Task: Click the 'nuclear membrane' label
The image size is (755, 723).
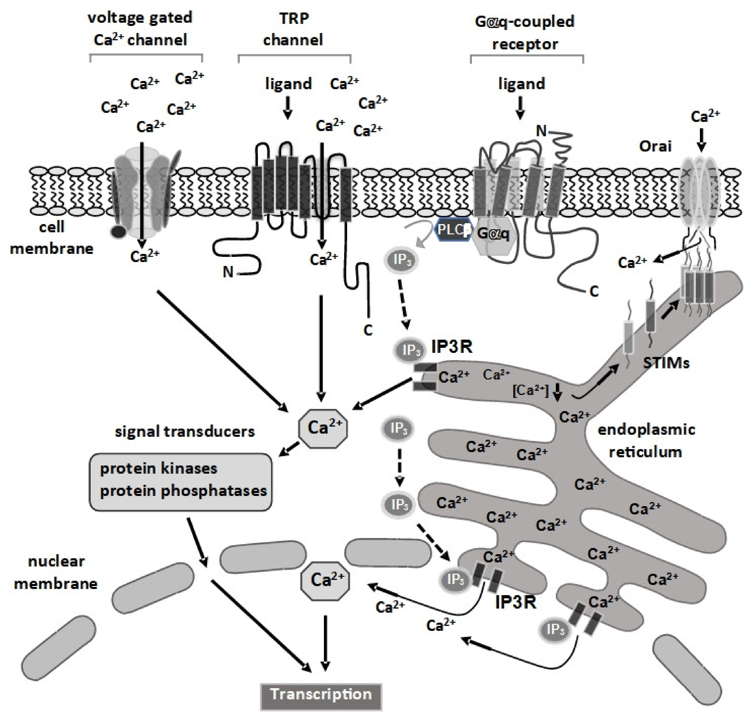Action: click(x=56, y=572)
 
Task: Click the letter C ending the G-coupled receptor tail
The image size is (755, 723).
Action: click(x=594, y=292)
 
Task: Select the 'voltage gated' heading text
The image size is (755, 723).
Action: click(x=140, y=18)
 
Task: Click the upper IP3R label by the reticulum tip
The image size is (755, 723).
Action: click(x=451, y=347)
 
